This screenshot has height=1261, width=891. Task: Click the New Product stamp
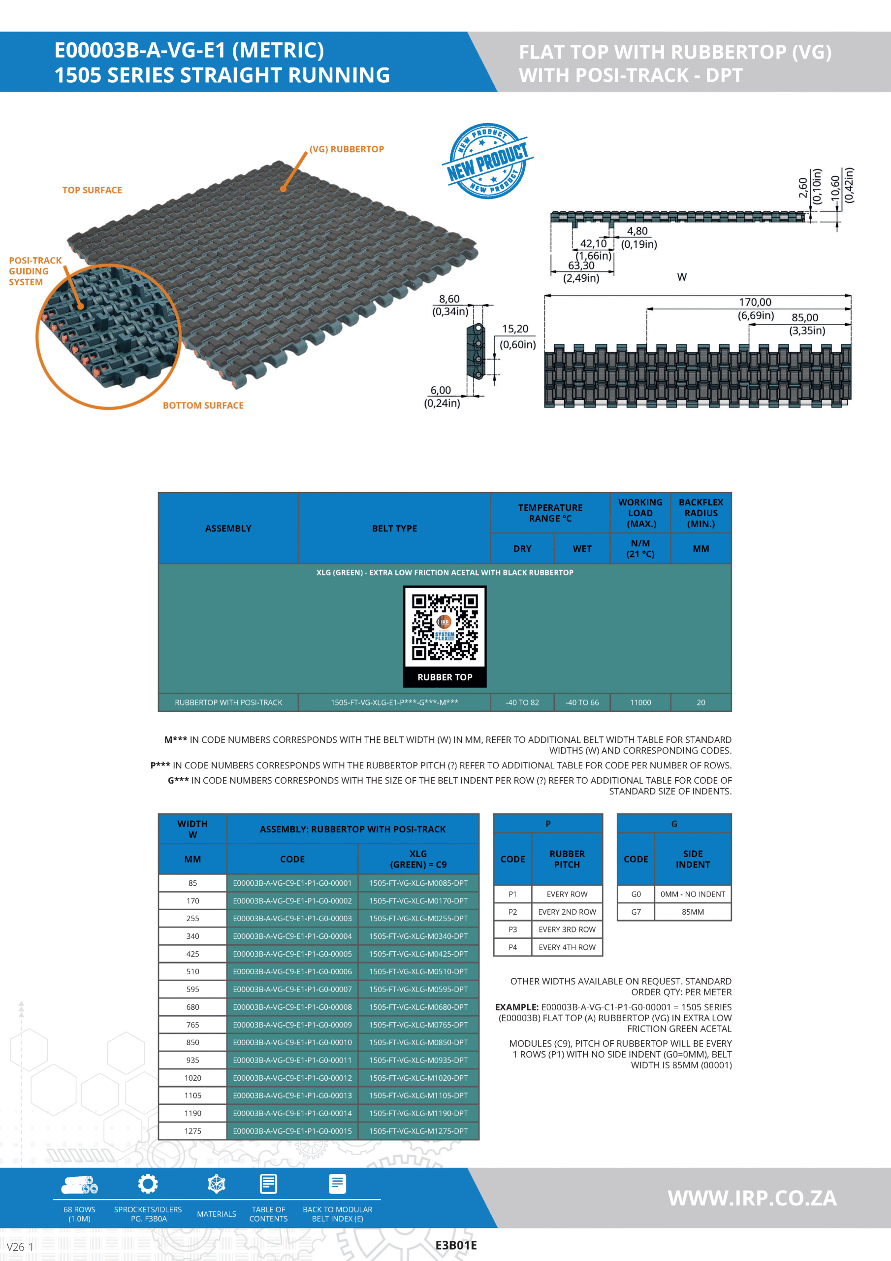click(x=487, y=161)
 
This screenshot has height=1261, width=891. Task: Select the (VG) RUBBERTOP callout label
click(x=347, y=149)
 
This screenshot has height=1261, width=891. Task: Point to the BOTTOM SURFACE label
click(x=203, y=405)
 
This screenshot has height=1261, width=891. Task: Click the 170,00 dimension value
click(x=755, y=302)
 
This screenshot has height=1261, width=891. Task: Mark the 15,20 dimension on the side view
click(x=515, y=329)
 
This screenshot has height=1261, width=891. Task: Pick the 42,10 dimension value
click(x=594, y=243)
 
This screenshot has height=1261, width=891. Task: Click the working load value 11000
click(x=640, y=702)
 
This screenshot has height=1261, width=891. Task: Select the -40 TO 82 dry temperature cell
click(x=522, y=702)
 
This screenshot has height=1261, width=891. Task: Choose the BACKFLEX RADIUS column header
click(x=700, y=512)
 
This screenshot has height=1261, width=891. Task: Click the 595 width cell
click(x=192, y=989)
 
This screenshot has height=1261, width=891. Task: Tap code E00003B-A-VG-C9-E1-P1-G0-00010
click(x=292, y=1042)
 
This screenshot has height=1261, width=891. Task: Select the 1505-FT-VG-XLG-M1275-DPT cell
click(x=418, y=1131)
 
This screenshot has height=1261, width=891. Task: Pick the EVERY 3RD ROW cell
click(x=567, y=929)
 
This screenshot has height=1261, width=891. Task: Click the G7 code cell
click(x=636, y=912)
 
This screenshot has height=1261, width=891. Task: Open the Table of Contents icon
click(x=268, y=1184)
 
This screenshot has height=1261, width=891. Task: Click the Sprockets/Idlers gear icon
click(x=148, y=1184)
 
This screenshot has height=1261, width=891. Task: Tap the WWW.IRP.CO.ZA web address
click(x=752, y=1198)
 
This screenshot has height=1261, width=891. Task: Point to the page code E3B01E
click(x=456, y=1246)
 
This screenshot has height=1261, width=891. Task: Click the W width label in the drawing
click(x=681, y=277)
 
